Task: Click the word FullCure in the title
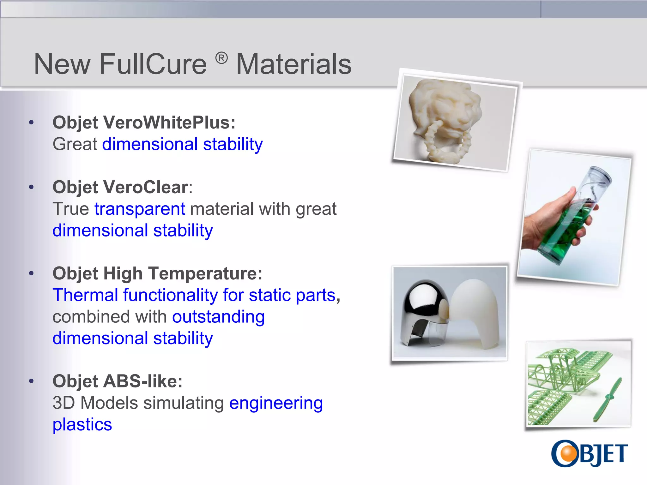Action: (153, 64)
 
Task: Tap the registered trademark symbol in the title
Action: (221, 58)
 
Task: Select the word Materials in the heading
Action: (294, 64)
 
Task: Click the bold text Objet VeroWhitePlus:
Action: (144, 123)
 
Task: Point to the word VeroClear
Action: (146, 187)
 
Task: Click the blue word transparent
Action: (140, 209)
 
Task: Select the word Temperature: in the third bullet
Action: (205, 273)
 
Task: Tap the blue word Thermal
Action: (85, 295)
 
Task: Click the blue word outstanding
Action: (219, 317)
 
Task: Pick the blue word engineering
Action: (276, 403)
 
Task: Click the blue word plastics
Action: (82, 424)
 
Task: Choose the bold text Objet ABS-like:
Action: (118, 381)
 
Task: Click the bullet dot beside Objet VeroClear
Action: (31, 187)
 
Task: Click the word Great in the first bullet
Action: (75, 144)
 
